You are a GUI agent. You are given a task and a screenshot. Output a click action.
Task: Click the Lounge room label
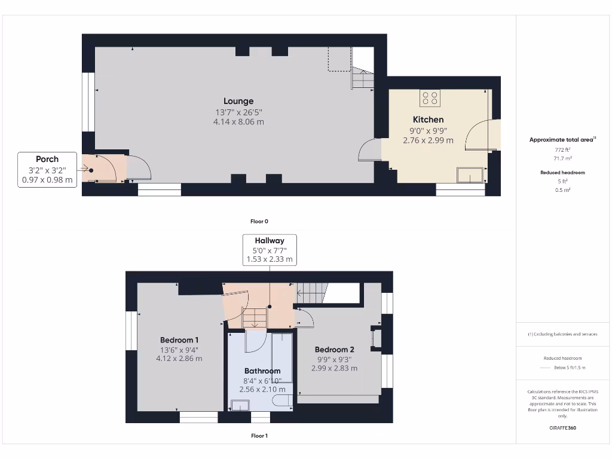(238, 101)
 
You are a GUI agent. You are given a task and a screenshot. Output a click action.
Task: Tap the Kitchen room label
(428, 120)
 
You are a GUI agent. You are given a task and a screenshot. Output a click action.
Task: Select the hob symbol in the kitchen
(430, 97)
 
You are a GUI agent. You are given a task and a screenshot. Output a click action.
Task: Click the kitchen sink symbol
(470, 175)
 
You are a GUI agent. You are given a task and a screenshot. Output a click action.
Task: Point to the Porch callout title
(47, 159)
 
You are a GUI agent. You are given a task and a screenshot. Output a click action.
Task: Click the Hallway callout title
(270, 241)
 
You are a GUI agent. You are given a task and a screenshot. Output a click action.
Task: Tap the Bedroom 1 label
(179, 340)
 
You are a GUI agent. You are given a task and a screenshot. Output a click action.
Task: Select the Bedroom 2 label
(334, 350)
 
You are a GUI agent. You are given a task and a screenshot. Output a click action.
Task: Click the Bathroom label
(262, 371)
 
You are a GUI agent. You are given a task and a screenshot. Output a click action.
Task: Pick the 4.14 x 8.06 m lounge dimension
(238, 122)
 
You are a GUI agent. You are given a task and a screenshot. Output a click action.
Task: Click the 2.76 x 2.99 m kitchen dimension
(428, 140)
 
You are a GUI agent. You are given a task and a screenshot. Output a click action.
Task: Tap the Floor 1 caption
(259, 436)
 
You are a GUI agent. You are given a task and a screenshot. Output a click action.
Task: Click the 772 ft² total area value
(562, 149)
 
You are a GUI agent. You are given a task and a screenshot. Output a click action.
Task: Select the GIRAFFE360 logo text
(562, 428)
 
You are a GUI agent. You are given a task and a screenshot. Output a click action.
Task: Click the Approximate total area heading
(562, 140)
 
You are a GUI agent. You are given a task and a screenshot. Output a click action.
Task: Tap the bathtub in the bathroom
(281, 357)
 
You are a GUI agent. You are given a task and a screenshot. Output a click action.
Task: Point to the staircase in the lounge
(362, 78)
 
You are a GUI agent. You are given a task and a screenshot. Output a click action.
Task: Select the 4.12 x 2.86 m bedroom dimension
(179, 359)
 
